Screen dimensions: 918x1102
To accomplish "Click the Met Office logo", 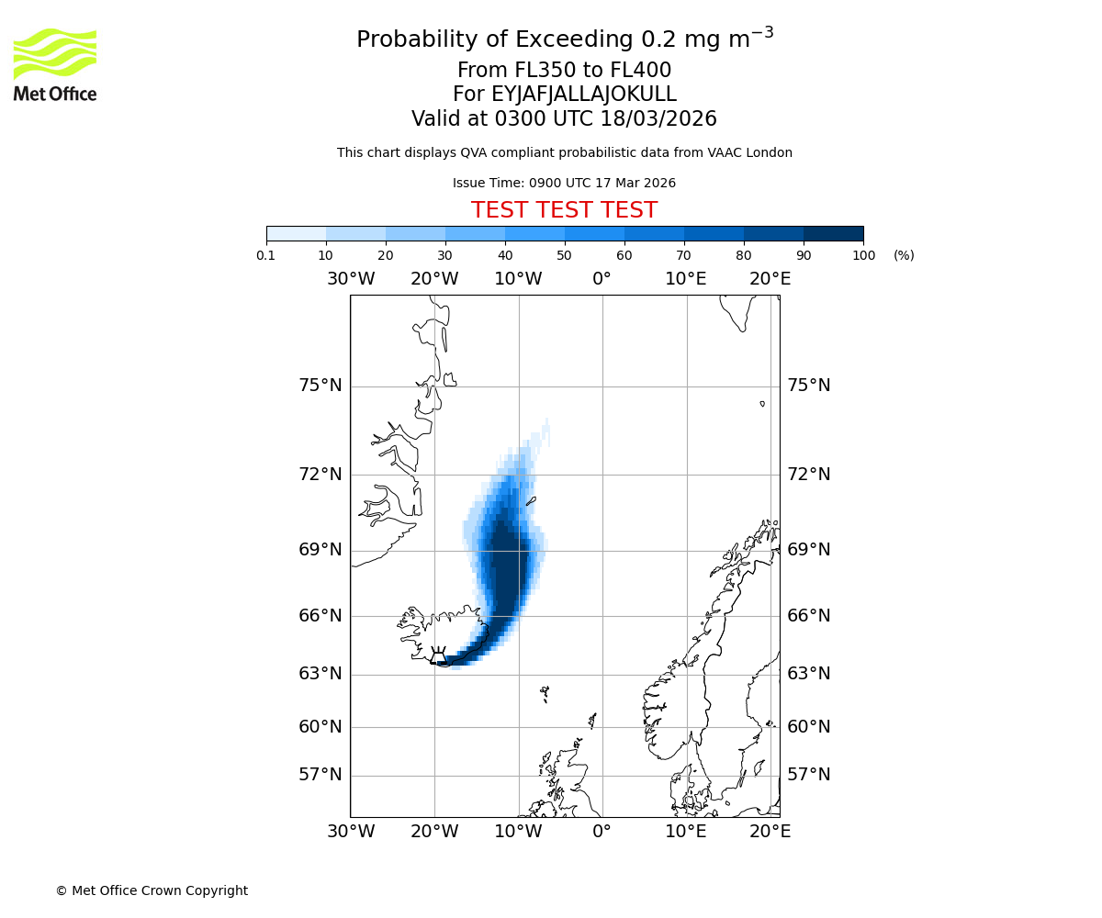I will (x=55, y=64).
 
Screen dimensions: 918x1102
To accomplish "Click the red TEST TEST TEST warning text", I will (x=564, y=211).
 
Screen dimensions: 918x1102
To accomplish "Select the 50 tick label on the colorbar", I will (x=564, y=256).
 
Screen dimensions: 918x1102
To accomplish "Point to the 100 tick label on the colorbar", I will (x=863, y=256).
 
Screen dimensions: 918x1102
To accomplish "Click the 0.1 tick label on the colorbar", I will (x=266, y=256).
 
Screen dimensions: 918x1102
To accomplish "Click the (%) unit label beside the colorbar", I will (x=904, y=256).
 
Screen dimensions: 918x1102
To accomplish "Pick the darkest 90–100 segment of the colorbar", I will (x=833, y=233).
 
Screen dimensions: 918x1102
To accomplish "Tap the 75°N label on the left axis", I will (x=320, y=386).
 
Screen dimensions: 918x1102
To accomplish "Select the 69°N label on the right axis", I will (x=808, y=550).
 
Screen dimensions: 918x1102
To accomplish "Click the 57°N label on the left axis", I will (x=320, y=775).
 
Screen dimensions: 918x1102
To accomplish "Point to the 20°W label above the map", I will (x=434, y=279).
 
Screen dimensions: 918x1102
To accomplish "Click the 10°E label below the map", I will (x=686, y=832).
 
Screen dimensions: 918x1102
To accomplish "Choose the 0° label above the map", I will (x=602, y=279).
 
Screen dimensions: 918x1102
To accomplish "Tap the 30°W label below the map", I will (x=351, y=832).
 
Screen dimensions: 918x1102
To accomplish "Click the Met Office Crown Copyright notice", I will (x=152, y=891).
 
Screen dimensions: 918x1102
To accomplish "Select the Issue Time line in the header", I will (x=564, y=184).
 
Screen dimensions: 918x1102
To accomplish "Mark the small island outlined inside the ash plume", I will (x=531, y=501).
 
